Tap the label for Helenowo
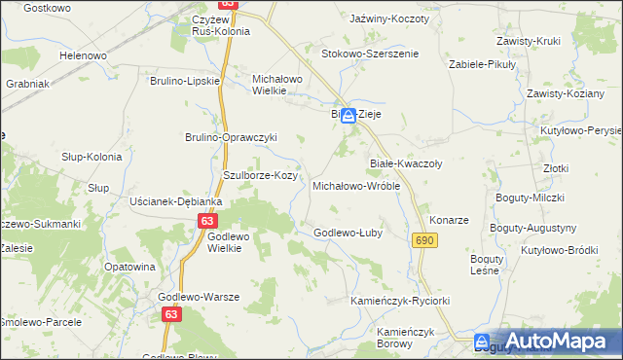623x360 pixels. click(83, 55)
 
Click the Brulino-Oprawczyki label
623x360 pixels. click(232, 137)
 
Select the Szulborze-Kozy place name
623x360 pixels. click(260, 175)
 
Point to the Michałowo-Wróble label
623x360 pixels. click(355, 185)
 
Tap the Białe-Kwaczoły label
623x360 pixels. click(406, 163)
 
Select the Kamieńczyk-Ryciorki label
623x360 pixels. click(400, 301)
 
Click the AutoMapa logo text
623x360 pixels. click(558, 341)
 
